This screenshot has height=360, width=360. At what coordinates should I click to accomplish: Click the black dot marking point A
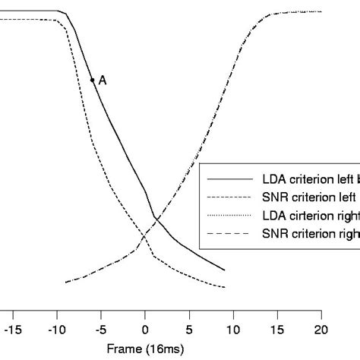[92, 79]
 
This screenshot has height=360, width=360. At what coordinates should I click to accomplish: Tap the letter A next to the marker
[103, 79]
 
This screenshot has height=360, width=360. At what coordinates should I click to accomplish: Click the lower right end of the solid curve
[225, 270]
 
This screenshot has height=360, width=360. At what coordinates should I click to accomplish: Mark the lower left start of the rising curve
[66, 283]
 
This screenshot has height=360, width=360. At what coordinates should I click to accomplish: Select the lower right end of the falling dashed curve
[225, 287]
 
